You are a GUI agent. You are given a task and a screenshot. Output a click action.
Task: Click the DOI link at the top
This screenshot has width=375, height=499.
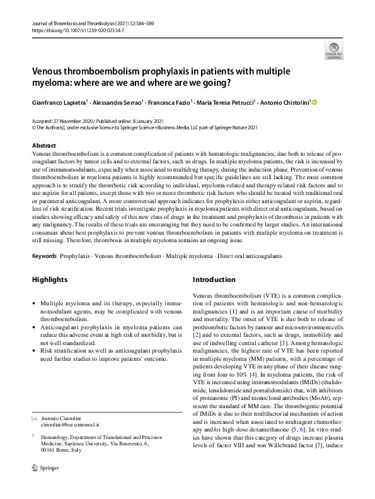point(78,30)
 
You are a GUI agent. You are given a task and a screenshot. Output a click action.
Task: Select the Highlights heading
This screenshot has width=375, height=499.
point(50,279)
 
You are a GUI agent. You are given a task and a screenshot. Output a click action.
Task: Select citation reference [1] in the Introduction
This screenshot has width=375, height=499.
point(233,312)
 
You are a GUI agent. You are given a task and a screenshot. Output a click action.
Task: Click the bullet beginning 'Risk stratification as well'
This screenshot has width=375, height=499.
point(35,349)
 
